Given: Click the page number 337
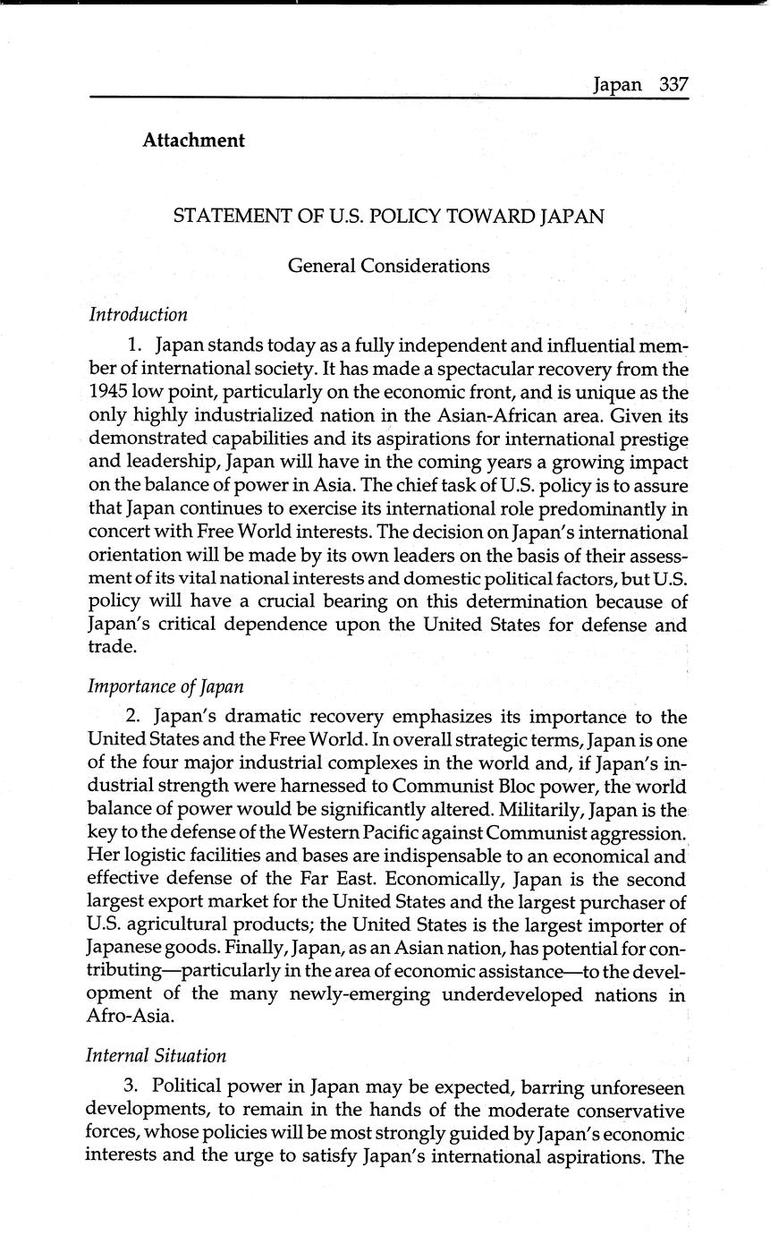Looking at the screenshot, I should click(673, 84).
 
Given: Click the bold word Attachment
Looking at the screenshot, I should click(193, 141).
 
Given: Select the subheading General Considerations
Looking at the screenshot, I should click(388, 266).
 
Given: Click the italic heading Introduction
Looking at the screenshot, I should click(138, 314).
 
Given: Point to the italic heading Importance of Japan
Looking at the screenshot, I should click(165, 686).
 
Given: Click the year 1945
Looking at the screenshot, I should click(110, 393).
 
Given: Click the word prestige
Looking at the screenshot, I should click(651, 439).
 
